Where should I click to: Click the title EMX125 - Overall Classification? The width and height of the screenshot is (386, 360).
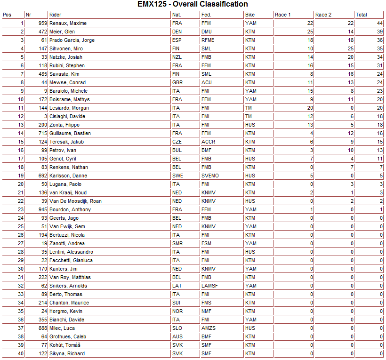pos(193,4)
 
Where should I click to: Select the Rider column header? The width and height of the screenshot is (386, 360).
pos(55,15)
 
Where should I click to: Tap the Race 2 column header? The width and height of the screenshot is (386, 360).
pos(323,15)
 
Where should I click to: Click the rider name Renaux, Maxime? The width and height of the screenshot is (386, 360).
pos(68,23)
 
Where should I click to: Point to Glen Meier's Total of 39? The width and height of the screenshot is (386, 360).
pos(379,32)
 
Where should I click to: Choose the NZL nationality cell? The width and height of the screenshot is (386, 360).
pos(177,57)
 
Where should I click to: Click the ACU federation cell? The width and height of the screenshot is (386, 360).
pos(207,82)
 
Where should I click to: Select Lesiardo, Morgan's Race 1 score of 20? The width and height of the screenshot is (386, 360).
pos(310,108)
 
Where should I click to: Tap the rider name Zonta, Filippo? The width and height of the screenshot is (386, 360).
pos(64,125)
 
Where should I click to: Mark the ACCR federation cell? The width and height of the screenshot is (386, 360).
pos(208,142)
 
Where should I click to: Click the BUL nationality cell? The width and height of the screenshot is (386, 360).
pos(177,150)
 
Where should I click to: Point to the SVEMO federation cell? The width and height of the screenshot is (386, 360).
pos(210,176)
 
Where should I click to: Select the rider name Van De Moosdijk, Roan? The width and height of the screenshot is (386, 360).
pos(75,201)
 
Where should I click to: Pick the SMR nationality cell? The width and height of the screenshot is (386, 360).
pos(177,243)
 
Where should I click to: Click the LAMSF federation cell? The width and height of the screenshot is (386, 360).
pos(209,286)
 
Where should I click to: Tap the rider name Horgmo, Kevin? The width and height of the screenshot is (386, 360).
pos(66,311)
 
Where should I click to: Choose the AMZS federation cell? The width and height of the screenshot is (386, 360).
pos(208,328)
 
